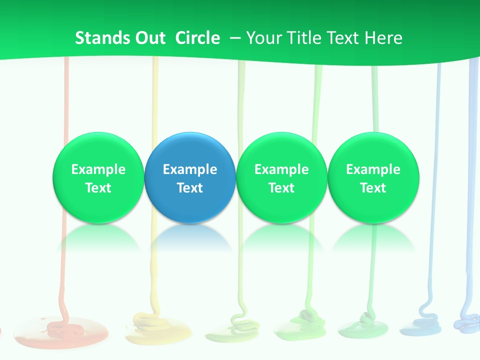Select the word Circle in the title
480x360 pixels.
[197, 38]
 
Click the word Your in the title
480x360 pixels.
[263, 38]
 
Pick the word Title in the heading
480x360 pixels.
[304, 38]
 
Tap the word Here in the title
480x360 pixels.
[385, 38]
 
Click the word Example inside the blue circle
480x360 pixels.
[190, 169]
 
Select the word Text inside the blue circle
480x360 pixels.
[190, 188]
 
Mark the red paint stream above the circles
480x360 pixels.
[65, 95]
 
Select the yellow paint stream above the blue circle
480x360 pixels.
[155, 95]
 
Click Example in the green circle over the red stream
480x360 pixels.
[98, 169]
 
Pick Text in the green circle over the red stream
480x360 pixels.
[98, 188]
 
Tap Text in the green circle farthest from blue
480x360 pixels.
[373, 188]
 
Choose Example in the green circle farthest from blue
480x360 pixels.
[373, 169]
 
